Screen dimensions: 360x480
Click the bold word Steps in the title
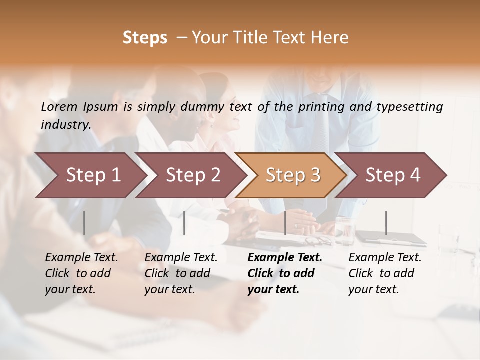pos(145,38)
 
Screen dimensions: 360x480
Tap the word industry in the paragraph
pos(66,125)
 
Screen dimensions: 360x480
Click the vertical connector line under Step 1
pos(84,223)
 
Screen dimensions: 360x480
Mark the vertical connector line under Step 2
pos(184,223)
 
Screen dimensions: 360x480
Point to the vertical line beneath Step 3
pos(285,223)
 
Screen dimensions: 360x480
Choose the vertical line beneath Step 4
pos(386,223)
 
